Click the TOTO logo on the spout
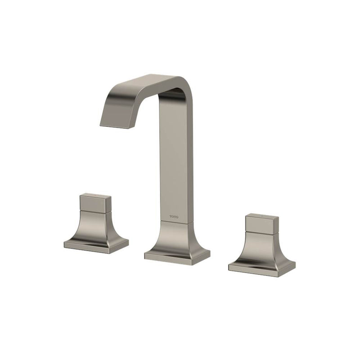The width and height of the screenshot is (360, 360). (x=174, y=217)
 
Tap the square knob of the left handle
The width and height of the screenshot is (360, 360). (x=95, y=203)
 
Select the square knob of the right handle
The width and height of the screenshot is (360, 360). (x=262, y=223)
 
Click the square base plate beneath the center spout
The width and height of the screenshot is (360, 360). (x=177, y=257)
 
